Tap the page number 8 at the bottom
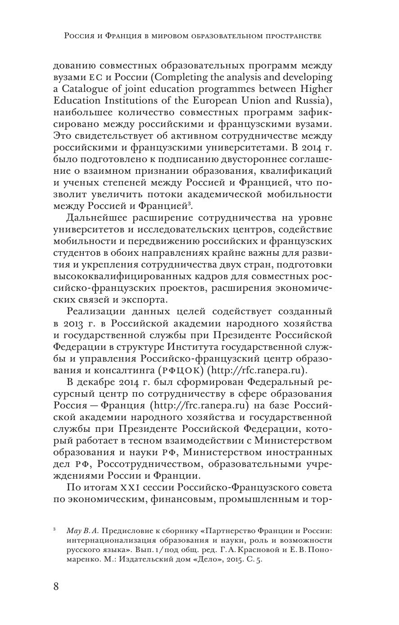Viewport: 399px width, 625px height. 56,587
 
